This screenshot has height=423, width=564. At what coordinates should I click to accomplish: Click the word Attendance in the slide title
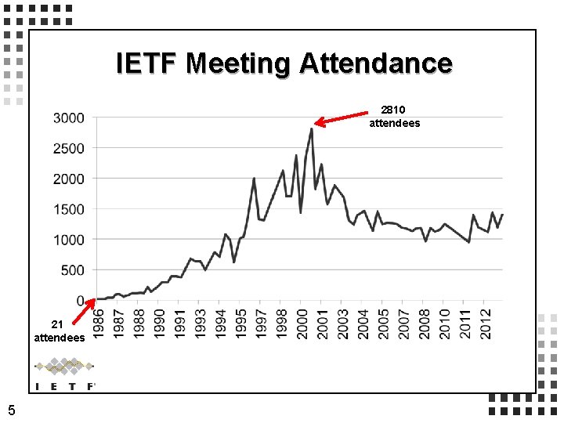point(376,63)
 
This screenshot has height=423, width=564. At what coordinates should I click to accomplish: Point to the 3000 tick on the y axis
point(69,117)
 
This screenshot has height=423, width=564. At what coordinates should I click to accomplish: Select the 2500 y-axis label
point(69,148)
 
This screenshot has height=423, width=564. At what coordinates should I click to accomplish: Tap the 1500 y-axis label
point(69,209)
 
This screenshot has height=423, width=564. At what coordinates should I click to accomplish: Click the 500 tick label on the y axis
point(73,270)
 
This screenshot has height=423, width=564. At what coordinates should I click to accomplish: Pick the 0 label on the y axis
point(81,301)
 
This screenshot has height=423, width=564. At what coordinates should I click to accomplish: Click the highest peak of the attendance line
point(311,128)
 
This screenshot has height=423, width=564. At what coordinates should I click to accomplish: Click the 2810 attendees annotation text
point(394,117)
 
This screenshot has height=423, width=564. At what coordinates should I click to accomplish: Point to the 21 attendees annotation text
point(59,331)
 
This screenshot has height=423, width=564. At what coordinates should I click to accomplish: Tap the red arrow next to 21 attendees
point(84,310)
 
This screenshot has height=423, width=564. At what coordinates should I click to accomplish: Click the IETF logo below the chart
point(65,374)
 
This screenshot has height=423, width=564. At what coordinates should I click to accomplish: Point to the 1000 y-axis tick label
point(69,240)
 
